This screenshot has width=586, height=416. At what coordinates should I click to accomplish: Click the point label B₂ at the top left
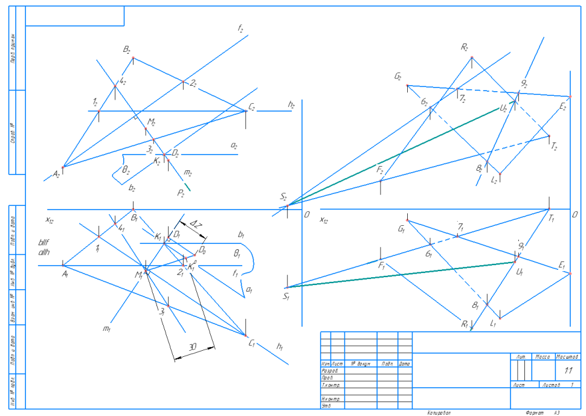coord(127,51)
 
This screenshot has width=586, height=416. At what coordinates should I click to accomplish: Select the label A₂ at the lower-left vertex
coord(56,174)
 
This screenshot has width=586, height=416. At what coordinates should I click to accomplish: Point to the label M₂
coord(151,123)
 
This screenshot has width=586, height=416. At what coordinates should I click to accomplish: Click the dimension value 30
coord(193,347)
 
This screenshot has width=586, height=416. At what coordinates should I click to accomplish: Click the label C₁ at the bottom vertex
coord(253,343)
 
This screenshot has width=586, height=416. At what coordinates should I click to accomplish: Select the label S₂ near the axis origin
coord(283,197)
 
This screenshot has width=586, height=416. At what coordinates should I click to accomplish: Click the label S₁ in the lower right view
coord(286,296)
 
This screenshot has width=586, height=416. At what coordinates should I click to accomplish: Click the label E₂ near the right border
coord(562,107)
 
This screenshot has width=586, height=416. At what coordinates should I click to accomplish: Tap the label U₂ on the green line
coord(503,109)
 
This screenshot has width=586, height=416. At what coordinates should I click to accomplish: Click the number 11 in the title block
coord(567,371)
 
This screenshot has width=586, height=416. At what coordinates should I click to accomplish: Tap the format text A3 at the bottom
coord(556,412)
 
